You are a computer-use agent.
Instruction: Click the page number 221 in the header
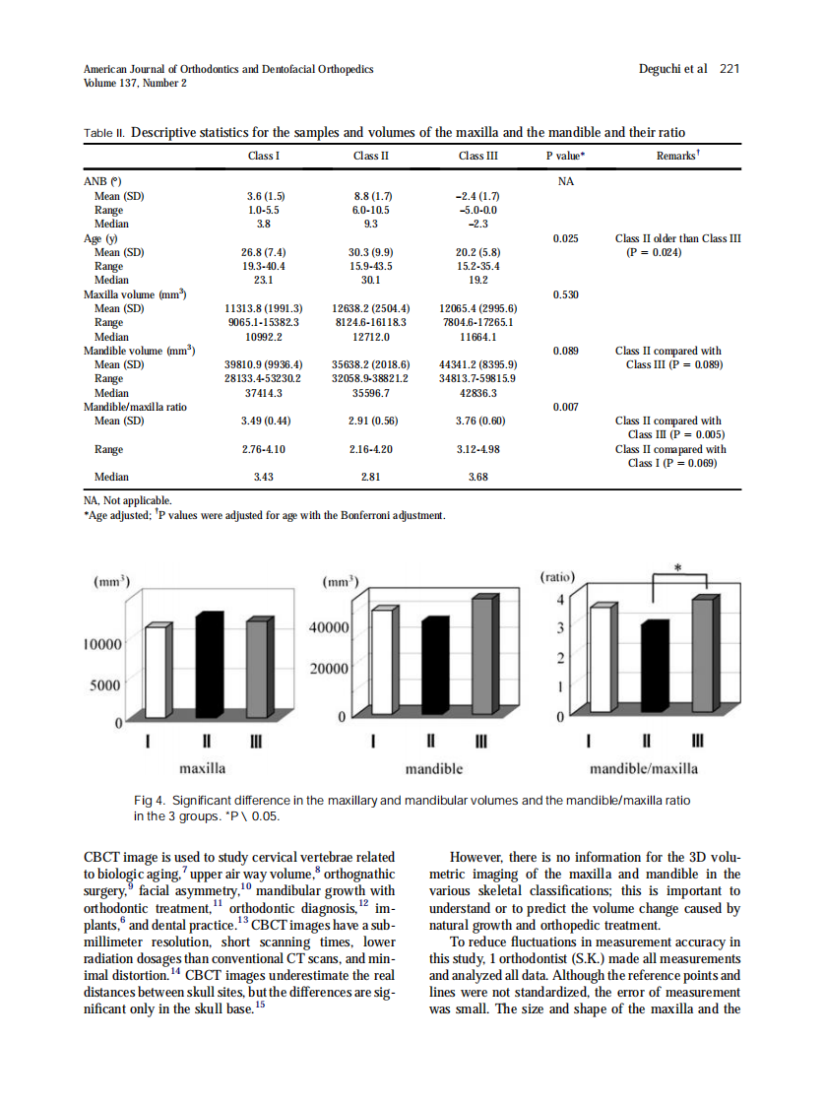729,69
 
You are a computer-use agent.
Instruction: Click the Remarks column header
676,156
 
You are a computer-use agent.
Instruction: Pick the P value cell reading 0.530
566,294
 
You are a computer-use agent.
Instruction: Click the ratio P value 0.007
566,406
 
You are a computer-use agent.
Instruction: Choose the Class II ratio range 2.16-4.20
371,449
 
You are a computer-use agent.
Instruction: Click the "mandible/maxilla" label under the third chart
643,768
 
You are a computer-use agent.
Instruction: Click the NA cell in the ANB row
566,182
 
